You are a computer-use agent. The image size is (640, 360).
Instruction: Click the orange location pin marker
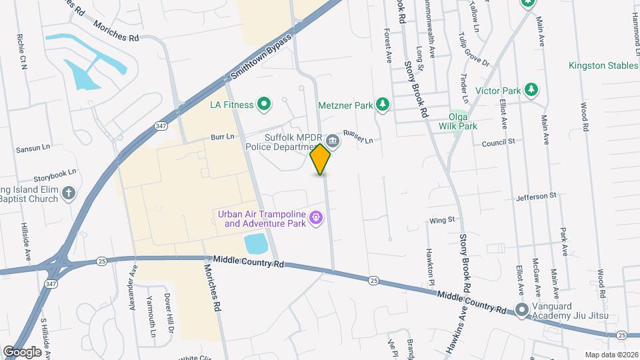pos(321,159)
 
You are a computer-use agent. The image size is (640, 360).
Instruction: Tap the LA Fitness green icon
pos(264,103)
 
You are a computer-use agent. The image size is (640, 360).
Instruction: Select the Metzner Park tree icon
pos(382,103)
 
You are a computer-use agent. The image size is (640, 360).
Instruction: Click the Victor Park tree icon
pos(531,89)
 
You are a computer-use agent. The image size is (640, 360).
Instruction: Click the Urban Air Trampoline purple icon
pos(316,216)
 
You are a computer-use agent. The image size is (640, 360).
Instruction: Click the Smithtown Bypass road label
pos(262,57)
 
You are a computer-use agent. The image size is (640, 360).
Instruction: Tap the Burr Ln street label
pos(223,137)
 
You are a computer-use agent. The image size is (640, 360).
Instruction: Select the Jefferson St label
pos(535,197)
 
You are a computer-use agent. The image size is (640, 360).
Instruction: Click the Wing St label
pos(441,219)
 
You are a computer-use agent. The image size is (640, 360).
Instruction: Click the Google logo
pos(22,351)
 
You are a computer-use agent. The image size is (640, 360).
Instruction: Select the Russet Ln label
pos(357,136)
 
